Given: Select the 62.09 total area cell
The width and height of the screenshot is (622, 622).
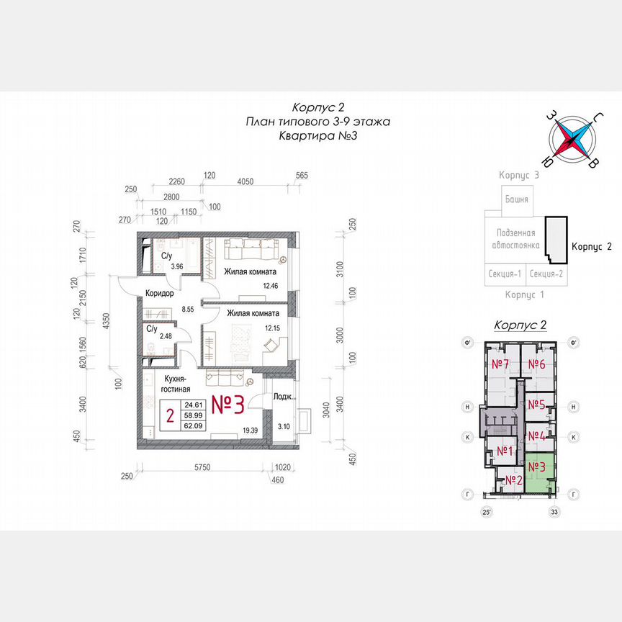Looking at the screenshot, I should (192, 425).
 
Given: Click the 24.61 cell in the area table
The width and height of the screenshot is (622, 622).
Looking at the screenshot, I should (192, 405).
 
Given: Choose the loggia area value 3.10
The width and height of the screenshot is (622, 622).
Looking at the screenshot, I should (283, 427).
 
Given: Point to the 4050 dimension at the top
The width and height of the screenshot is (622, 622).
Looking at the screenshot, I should (245, 182).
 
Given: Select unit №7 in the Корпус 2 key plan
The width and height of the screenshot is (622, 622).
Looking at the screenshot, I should (501, 364).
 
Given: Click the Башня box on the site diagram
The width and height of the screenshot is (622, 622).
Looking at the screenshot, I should (516, 199).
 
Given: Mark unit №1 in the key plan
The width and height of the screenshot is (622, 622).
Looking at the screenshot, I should (505, 451).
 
